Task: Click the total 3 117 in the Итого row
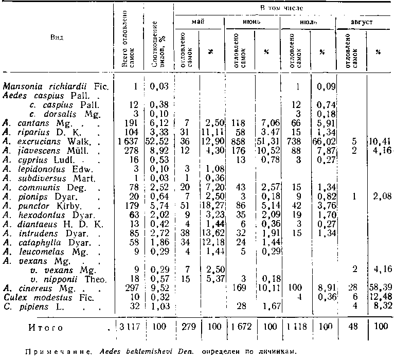tap(129, 327)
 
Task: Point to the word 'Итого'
tap(46, 327)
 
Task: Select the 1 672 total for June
tap(242, 327)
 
